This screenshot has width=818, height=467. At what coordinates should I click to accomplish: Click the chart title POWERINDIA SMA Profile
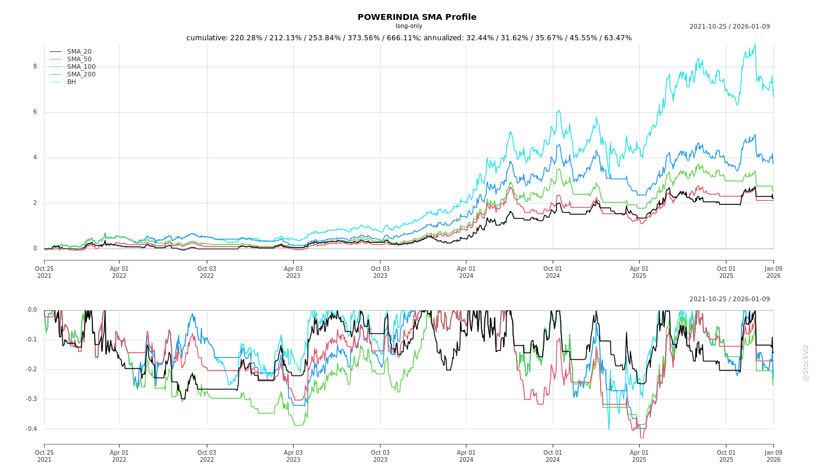pos(417,17)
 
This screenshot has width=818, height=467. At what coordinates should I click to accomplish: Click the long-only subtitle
pos(408,26)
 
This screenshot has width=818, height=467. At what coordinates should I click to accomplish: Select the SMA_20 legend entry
pos(79,52)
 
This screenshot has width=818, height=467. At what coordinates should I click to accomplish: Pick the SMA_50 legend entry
pos(79,60)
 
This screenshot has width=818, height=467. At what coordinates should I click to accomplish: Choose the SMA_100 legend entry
pos(81,67)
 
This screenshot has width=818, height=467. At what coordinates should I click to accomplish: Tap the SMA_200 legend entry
pos(81,75)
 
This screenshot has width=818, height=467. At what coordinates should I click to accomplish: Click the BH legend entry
pos(71,82)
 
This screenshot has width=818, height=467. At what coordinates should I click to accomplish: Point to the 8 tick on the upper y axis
pos(34,67)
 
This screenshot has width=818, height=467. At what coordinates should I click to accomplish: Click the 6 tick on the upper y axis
pos(34,112)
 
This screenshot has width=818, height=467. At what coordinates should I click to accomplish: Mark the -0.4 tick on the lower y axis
pos(31,429)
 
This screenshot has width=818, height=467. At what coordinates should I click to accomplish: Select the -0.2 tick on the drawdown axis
pos(31,370)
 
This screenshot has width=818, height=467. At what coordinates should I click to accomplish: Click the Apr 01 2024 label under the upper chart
pos(466,273)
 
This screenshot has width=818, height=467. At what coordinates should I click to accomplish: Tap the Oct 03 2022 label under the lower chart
pos(206,456)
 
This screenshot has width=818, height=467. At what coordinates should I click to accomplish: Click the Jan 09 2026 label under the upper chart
pos(773,273)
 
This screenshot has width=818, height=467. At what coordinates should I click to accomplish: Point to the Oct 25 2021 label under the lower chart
pos(44,456)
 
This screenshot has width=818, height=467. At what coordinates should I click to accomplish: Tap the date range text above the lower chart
pos(729,299)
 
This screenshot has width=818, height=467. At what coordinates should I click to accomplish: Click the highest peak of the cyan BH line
pos(755,45)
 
